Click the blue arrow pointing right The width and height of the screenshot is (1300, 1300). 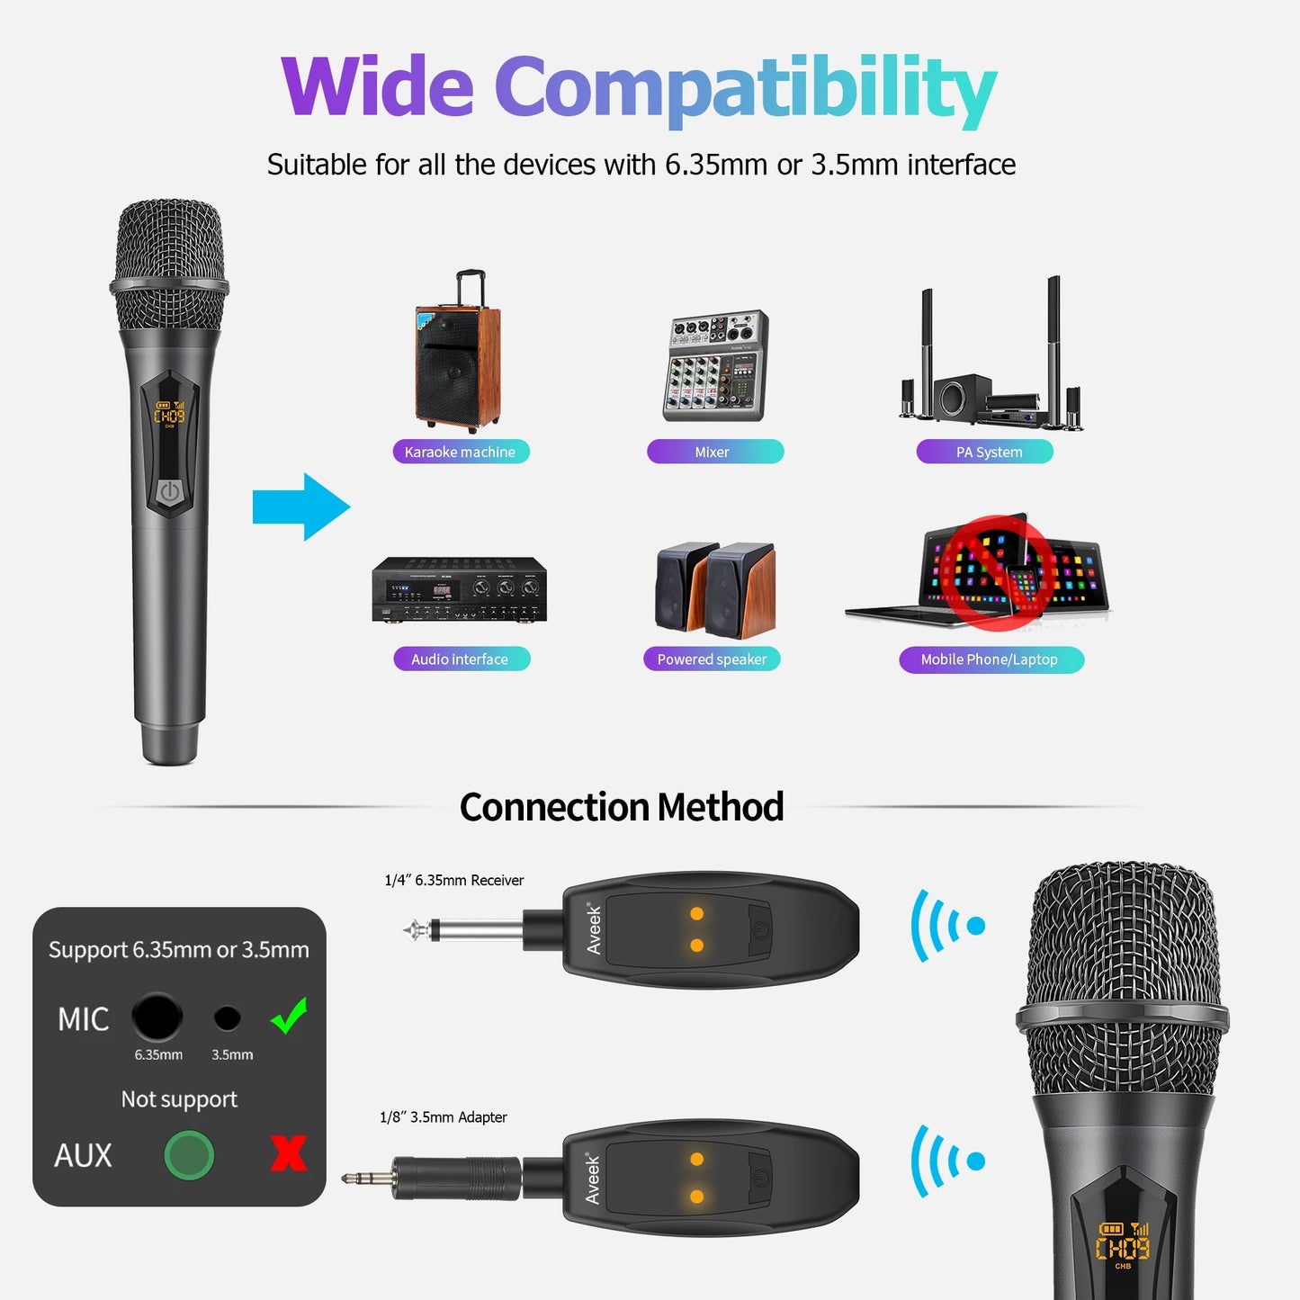[300, 507]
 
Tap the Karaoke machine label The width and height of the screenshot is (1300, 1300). [461, 452]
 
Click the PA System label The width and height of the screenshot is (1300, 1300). [984, 452]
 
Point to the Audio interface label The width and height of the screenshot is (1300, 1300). [462, 659]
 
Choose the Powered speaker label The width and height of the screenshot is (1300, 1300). [712, 659]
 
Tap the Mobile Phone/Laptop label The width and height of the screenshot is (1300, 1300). [991, 659]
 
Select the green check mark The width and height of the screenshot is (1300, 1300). [290, 1016]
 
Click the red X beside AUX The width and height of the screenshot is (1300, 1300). [288, 1153]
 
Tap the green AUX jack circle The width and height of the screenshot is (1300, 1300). [189, 1155]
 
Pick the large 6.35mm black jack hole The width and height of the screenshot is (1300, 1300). [157, 1018]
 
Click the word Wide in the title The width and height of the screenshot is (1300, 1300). [377, 87]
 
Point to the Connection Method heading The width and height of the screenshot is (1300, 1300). [622, 807]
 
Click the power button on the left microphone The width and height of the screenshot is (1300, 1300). [170, 491]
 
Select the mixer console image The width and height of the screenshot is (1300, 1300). [715, 366]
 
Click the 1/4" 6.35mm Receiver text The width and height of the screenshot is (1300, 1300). [453, 880]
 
